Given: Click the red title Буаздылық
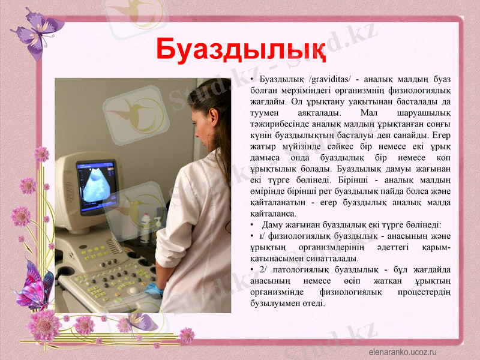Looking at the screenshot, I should click(x=241, y=50).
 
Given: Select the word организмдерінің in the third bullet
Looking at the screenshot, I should click(x=325, y=247).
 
